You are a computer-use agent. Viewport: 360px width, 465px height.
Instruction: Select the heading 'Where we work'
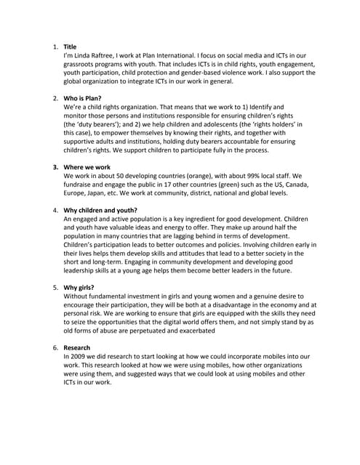[x=87, y=166]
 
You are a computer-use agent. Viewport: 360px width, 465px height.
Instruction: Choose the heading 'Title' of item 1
[x=71, y=46]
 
